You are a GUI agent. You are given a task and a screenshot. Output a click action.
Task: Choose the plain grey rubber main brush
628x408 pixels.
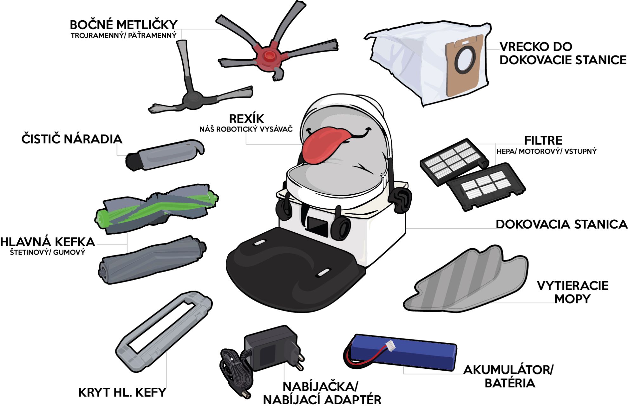[152, 259]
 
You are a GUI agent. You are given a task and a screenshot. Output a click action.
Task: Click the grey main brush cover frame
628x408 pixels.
[164, 331]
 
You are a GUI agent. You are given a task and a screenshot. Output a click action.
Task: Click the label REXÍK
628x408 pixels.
[246, 119]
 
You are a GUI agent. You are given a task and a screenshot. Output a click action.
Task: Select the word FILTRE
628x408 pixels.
[543, 140]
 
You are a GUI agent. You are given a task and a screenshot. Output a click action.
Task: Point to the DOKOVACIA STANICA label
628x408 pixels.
[561, 224]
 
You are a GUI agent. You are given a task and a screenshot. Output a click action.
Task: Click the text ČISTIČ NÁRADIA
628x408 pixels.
[72, 139]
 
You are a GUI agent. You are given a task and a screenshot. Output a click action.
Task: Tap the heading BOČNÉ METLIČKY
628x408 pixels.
[123, 25]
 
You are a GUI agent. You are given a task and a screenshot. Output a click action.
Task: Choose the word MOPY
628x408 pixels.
[572, 299]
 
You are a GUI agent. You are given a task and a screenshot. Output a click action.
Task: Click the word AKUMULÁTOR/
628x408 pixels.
[508, 370]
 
